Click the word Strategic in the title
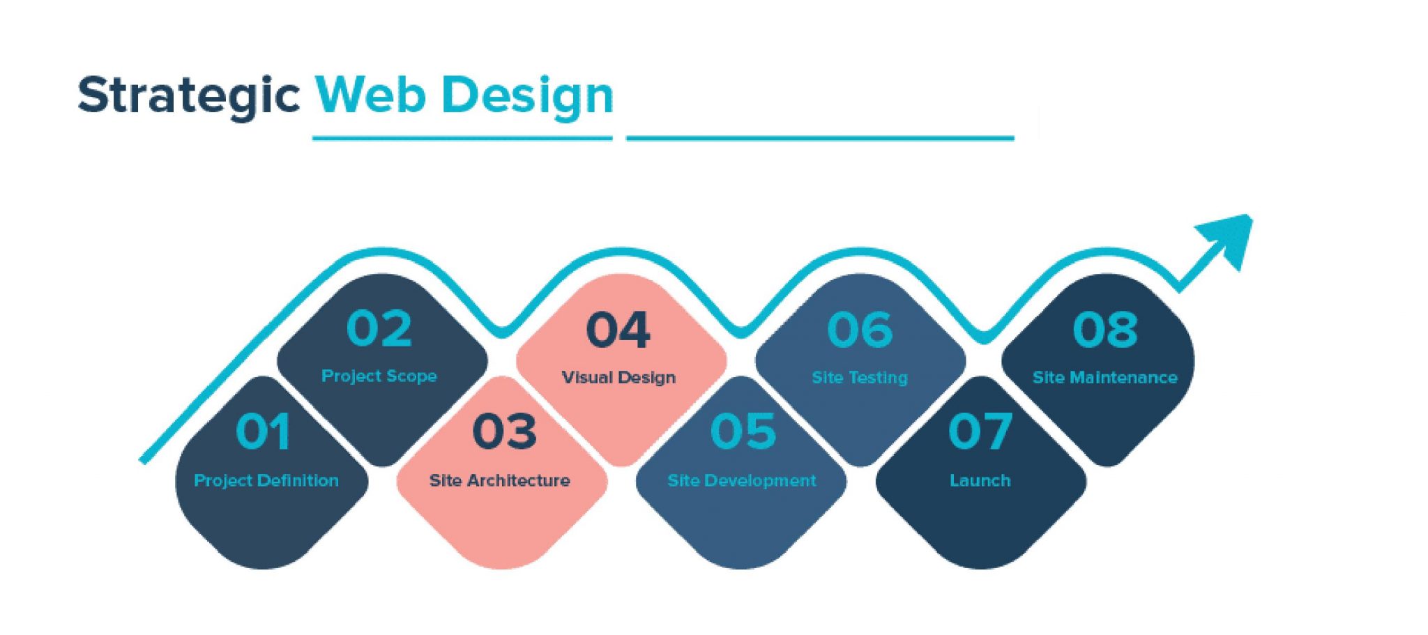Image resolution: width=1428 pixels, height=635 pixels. pyautogui.click(x=188, y=95)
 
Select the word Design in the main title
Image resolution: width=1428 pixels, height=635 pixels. pyautogui.click(x=528, y=96)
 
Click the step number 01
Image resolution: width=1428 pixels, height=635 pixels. pyautogui.click(x=263, y=431)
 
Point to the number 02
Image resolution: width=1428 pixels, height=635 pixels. pyautogui.click(x=379, y=328)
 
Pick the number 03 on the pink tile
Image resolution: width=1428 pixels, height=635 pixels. pyautogui.click(x=504, y=431)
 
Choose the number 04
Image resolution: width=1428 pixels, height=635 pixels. pyautogui.click(x=618, y=330)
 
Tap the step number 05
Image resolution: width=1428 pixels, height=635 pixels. pyautogui.click(x=743, y=431)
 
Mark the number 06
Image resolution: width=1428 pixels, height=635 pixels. pyautogui.click(x=859, y=330)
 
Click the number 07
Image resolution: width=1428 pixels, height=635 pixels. pyautogui.click(x=980, y=431)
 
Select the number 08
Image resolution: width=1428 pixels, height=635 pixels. pyautogui.click(x=1104, y=330)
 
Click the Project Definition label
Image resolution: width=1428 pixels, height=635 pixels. pyautogui.click(x=266, y=480)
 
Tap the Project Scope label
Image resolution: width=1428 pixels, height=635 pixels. pyautogui.click(x=379, y=376)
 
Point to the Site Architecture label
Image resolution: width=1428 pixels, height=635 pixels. pyautogui.click(x=499, y=480)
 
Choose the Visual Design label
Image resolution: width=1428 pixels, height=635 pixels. pyautogui.click(x=618, y=378)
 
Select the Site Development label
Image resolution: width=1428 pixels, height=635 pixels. pyautogui.click(x=741, y=480)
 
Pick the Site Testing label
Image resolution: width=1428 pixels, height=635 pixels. pyautogui.click(x=859, y=378)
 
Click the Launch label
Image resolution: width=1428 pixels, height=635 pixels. pyautogui.click(x=980, y=480)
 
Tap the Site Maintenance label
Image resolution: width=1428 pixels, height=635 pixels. pyautogui.click(x=1104, y=378)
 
